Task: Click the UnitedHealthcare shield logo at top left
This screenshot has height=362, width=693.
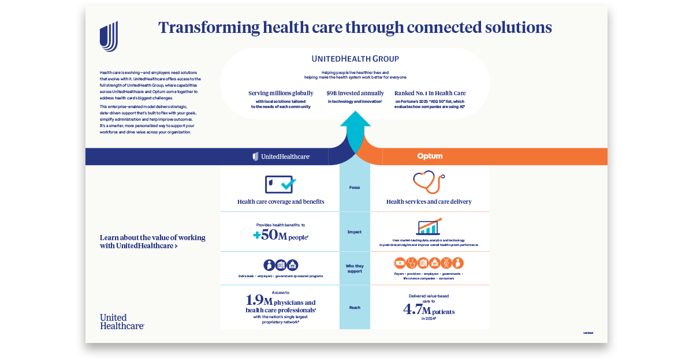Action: click(x=109, y=36)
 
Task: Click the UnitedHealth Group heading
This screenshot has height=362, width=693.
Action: click(x=355, y=59)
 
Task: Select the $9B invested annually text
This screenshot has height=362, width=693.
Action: click(x=355, y=93)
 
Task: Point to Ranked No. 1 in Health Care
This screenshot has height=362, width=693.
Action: click(x=430, y=93)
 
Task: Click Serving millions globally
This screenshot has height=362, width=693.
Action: click(x=281, y=93)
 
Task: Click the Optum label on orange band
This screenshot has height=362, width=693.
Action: click(x=430, y=156)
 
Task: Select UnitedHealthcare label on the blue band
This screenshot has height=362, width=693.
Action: click(x=281, y=156)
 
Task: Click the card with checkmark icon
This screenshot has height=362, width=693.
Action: click(x=280, y=185)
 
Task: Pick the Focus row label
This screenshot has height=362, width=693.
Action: click(x=355, y=188)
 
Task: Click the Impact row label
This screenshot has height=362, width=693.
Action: click(x=355, y=232)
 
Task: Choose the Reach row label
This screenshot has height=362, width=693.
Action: click(x=355, y=308)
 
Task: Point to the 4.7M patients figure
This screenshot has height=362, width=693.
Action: click(x=429, y=311)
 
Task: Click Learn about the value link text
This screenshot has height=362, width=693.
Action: click(x=152, y=241)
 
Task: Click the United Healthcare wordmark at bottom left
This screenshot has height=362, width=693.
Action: click(x=121, y=322)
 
